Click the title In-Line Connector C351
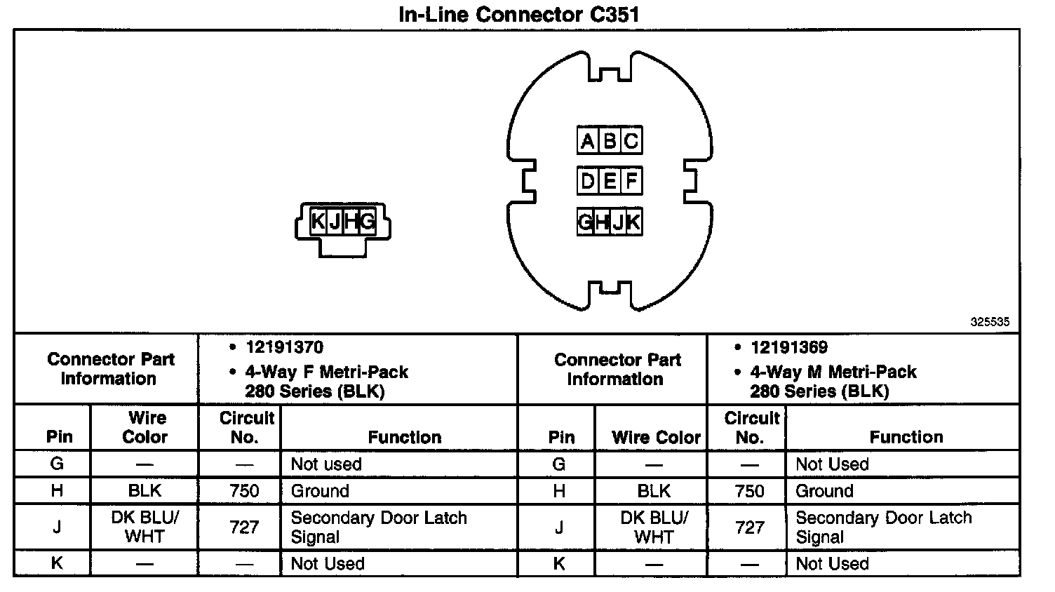click(518, 15)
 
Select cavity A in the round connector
click(587, 141)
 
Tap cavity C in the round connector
click(631, 141)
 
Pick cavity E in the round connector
click(610, 182)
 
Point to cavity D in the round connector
click(587, 182)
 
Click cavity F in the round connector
click(631, 182)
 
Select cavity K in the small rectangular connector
click(318, 222)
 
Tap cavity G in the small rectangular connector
click(367, 222)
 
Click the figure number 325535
click(990, 322)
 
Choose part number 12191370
click(284, 347)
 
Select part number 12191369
click(788, 347)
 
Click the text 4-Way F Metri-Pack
click(326, 372)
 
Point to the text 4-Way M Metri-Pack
click(833, 372)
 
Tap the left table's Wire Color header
click(145, 427)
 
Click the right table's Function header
click(906, 437)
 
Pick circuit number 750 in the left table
click(244, 490)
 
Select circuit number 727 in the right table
click(749, 527)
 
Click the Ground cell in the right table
click(824, 490)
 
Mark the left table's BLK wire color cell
click(145, 490)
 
